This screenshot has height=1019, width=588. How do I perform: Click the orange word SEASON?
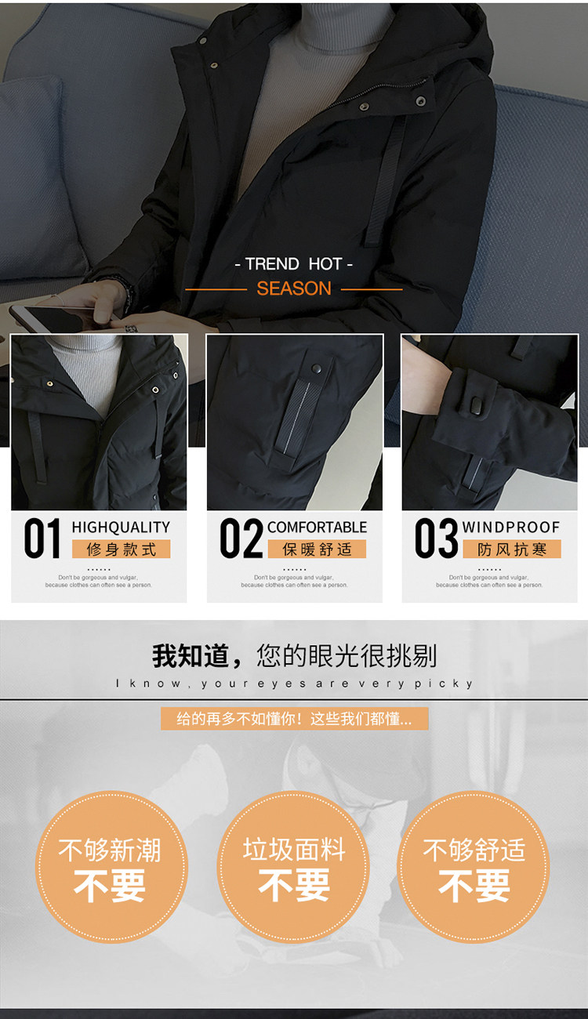coord(294,288)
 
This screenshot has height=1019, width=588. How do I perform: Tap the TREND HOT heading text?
coord(294,264)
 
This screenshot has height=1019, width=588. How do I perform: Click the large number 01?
coord(42,539)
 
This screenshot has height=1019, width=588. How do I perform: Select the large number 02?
coord(240,539)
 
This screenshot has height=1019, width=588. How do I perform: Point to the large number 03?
coord(436,539)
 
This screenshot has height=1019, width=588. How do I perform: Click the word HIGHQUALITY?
coord(121,528)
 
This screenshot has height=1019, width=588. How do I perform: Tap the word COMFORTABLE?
coord(317,528)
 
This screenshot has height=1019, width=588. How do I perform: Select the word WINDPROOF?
coord(511,528)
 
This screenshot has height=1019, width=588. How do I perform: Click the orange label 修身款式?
coord(122,549)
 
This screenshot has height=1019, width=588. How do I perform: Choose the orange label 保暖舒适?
coord(318,549)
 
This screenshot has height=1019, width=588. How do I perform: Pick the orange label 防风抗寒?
coord(512,549)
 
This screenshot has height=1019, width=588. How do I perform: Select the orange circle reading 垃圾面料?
coord(294,866)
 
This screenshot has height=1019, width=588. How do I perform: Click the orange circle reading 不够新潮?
coord(110,866)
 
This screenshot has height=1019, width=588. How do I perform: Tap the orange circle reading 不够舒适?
coord(474,866)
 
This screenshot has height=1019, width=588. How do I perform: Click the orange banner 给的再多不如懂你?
coord(295,719)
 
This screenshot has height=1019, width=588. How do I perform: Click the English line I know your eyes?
coord(295,684)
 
